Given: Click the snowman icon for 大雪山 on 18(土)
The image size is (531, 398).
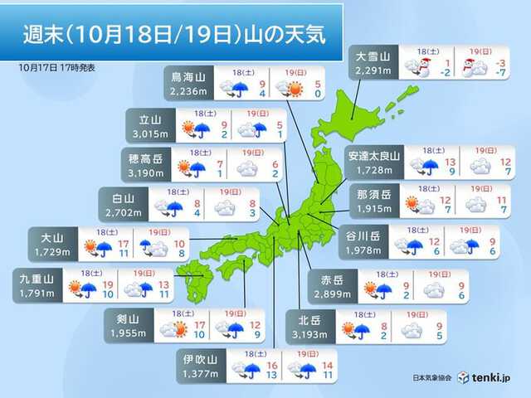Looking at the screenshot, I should (x=421, y=67).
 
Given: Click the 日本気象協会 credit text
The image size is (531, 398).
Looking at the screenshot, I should (x=431, y=377).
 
